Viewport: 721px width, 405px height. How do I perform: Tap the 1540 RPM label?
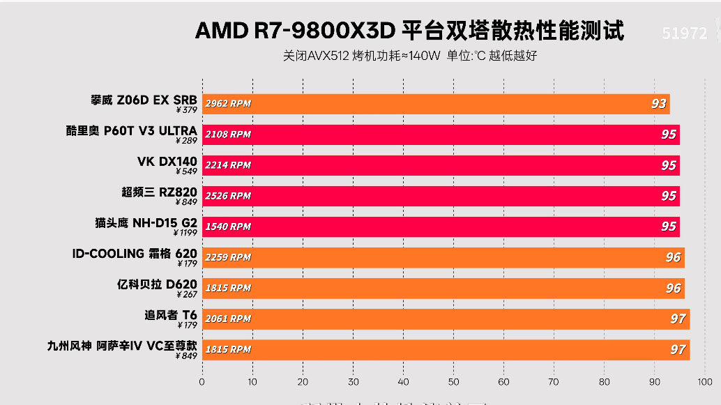(228, 227)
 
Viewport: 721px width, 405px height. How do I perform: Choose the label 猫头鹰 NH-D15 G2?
(146, 222)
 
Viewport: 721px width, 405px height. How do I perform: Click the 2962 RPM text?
(228, 104)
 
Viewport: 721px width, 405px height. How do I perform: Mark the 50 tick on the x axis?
(454, 382)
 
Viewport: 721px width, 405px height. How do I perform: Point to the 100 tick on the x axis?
(704, 382)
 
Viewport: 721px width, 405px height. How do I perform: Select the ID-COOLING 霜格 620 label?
(135, 253)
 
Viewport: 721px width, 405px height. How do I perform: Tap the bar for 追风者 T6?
(446, 319)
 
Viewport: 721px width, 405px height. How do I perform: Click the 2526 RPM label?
(228, 196)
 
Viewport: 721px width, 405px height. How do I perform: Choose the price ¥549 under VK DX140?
(186, 171)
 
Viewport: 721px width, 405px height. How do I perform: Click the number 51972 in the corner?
(684, 33)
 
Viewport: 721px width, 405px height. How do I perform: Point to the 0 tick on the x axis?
(202, 382)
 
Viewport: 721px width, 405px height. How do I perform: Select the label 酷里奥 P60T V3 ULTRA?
(132, 130)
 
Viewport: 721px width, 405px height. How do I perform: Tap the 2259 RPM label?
(228, 257)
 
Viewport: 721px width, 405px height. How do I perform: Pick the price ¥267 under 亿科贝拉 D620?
(186, 294)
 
